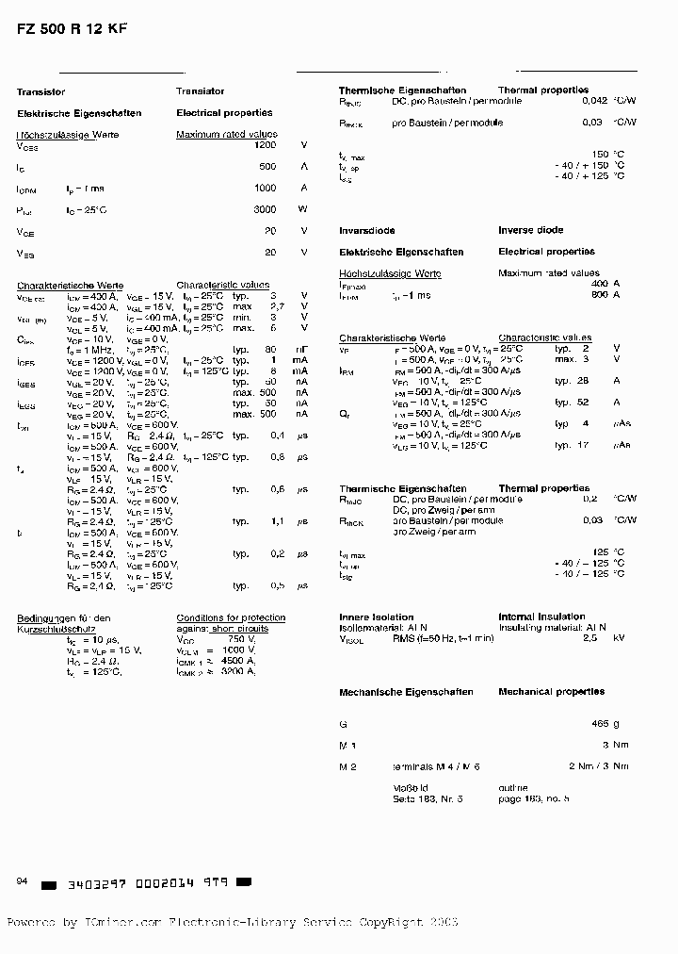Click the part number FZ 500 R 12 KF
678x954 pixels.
pos(72,28)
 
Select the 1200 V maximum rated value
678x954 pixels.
pos(266,146)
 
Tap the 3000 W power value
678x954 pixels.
pos(266,209)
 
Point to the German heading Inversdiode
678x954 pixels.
pos(366,230)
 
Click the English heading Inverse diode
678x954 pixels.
pos(530,230)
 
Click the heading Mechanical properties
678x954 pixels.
pos(551,692)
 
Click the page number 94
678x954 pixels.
pos(23,880)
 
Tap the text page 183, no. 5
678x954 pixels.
pos(534,798)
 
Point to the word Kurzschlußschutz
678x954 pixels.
pos(53,628)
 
